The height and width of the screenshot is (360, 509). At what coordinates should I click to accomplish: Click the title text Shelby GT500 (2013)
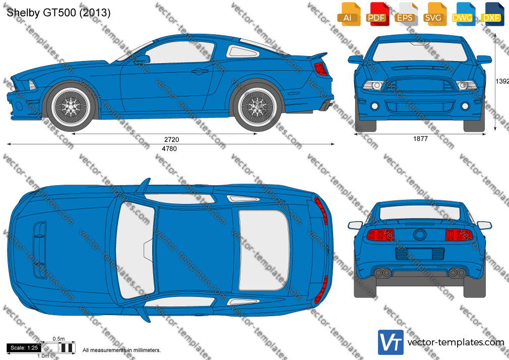58,13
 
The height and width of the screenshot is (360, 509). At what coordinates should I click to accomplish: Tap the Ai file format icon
349,14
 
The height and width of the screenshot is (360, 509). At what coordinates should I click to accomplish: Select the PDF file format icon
377,14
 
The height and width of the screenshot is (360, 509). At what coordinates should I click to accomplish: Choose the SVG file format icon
434,14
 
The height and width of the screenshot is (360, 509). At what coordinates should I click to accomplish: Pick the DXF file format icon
492,14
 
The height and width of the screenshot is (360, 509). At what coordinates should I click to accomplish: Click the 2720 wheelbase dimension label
171,139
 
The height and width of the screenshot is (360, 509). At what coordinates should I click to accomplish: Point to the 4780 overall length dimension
169,148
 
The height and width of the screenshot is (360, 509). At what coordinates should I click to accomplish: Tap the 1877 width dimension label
420,139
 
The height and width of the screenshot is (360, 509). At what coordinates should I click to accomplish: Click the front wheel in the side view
71,106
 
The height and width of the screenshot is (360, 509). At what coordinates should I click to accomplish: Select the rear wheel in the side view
258,106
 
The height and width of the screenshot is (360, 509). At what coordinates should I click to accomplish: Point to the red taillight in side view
321,69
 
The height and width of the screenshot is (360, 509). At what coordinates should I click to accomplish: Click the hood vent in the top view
40,250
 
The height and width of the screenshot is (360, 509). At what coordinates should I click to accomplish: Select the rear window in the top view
264,250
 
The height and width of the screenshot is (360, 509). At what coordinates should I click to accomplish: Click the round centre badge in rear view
420,234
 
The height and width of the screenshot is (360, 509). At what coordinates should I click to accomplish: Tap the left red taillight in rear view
381,234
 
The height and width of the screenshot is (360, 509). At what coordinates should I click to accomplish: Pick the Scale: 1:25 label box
24,348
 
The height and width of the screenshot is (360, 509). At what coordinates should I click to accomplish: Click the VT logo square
391,342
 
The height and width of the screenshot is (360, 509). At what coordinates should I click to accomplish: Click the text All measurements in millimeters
121,350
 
